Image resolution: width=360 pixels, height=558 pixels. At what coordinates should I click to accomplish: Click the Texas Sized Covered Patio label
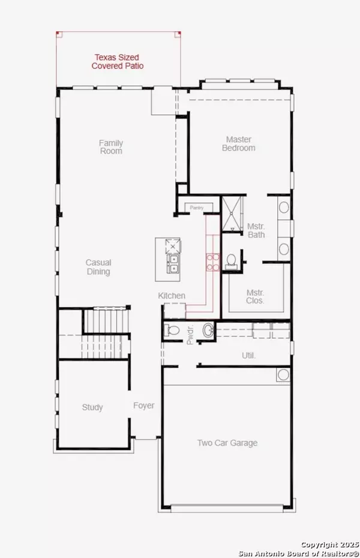pyautogui.click(x=118, y=62)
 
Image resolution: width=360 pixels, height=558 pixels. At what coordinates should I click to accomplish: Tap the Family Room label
pyautogui.click(x=111, y=147)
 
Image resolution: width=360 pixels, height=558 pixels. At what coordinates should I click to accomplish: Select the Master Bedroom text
pyautogui.click(x=238, y=143)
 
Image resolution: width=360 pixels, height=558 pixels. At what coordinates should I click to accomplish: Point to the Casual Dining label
pyautogui.click(x=98, y=267)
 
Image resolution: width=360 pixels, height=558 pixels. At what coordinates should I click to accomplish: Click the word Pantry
pyautogui.click(x=197, y=208)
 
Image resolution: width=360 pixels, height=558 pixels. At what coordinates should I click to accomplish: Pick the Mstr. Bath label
pyautogui.click(x=256, y=230)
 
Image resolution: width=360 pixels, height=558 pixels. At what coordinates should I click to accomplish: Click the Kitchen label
pyautogui.click(x=172, y=296)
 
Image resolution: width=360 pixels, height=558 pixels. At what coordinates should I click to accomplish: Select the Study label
pyautogui.click(x=92, y=407)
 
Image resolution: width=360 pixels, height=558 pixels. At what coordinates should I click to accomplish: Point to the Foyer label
pyautogui.click(x=143, y=406)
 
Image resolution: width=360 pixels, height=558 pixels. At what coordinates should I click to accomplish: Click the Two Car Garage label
pyautogui.click(x=227, y=443)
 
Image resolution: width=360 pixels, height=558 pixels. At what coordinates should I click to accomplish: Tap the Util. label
pyautogui.click(x=249, y=356)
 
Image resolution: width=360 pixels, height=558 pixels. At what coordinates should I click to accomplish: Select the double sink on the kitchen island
pyautogui.click(x=173, y=264)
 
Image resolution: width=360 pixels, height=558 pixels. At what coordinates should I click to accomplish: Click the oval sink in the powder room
pyautogui.click(x=208, y=330)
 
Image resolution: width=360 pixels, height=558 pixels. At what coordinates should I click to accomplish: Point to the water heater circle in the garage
pyautogui.click(x=283, y=375)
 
